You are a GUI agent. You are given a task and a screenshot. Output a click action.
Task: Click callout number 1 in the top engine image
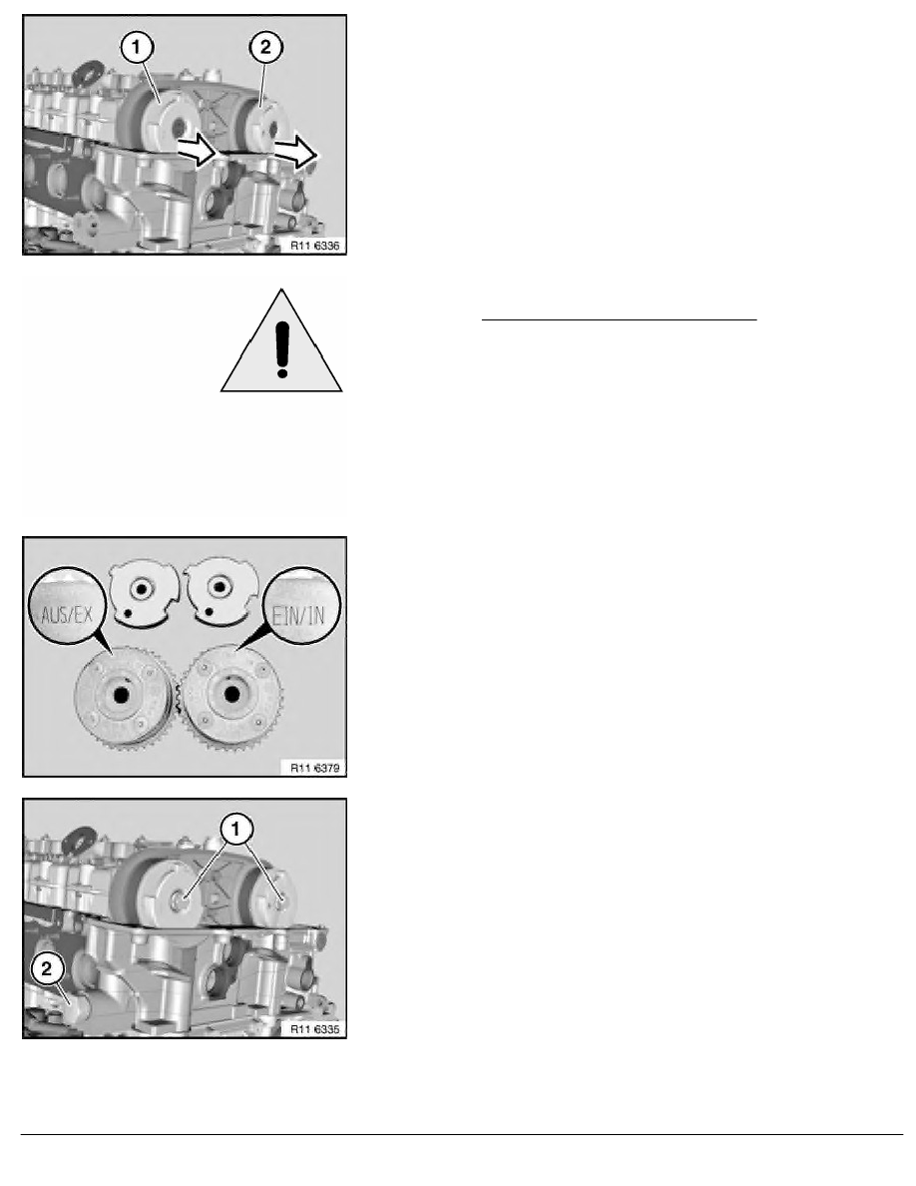click(136, 48)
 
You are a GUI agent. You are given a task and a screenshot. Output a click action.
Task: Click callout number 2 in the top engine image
click(265, 48)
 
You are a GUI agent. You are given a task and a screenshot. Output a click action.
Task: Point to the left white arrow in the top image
click(198, 149)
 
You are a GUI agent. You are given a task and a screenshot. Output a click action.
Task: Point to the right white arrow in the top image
click(295, 152)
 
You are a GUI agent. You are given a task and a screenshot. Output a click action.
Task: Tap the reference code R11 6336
click(314, 245)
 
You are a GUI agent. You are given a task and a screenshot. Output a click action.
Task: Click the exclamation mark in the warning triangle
click(282, 349)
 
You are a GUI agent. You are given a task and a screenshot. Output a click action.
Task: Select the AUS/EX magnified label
click(67, 613)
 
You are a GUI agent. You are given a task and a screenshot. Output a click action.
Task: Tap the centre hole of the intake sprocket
click(231, 693)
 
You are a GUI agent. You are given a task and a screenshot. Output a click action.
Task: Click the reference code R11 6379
click(314, 768)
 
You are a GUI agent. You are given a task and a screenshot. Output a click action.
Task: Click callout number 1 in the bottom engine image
click(235, 829)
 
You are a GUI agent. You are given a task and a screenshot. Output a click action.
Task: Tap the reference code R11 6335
click(314, 1028)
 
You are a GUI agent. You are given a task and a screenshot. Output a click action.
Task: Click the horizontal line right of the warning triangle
click(619, 319)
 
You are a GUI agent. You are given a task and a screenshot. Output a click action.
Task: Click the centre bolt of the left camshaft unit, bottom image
click(181, 899)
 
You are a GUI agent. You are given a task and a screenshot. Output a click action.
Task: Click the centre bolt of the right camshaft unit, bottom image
click(282, 900)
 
